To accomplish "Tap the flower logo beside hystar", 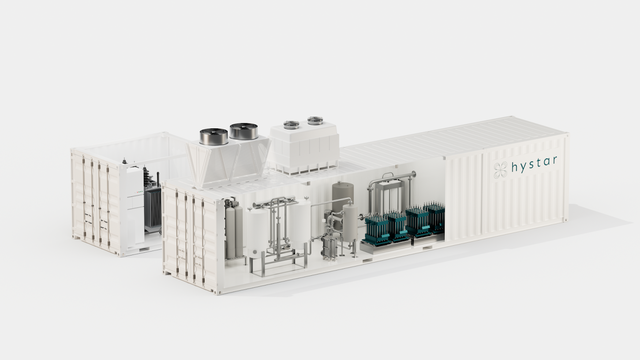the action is [501, 170].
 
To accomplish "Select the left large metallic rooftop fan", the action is [214, 136].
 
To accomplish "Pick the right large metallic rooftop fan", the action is [244, 131].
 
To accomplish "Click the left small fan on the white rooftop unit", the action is [291, 124].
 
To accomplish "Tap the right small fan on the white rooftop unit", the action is [315, 120].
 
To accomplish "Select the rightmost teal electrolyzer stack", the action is [435, 217].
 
